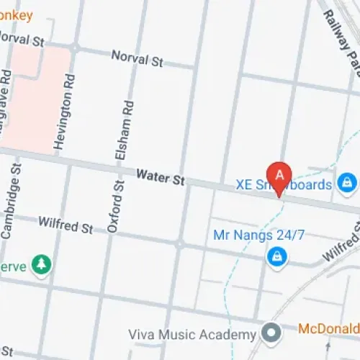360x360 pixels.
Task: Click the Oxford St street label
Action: pyautogui.click(x=113, y=207)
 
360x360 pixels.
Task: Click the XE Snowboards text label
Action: pyautogui.click(x=284, y=185)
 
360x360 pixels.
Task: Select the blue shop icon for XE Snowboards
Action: pyautogui.click(x=347, y=181)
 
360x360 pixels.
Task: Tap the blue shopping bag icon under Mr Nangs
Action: pyautogui.click(x=275, y=256)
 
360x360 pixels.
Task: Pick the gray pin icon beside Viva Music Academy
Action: pyautogui.click(x=271, y=334)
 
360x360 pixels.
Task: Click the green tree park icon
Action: pyautogui.click(x=43, y=265)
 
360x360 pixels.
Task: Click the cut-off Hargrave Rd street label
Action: pyautogui.click(x=6, y=94)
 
